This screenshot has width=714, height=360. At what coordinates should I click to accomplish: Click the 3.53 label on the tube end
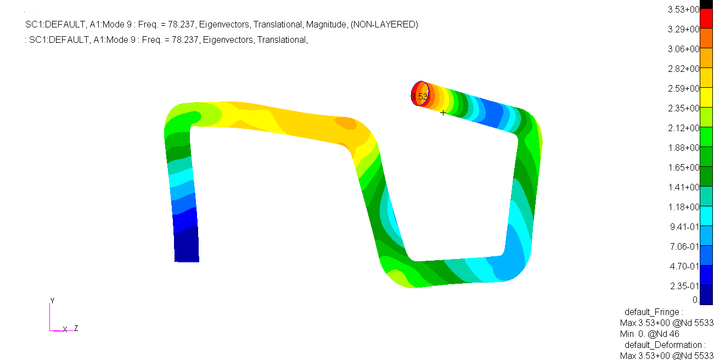(x=419, y=96)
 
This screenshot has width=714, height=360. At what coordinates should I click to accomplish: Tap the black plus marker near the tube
(x=443, y=113)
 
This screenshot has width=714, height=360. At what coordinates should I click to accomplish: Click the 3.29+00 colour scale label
(x=683, y=29)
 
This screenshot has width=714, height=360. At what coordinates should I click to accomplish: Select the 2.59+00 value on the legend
(x=683, y=88)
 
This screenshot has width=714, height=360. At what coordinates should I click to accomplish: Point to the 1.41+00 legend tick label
(x=683, y=187)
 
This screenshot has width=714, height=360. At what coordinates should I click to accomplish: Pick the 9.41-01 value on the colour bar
(x=684, y=227)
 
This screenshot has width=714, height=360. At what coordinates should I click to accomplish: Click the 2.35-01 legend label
(x=684, y=286)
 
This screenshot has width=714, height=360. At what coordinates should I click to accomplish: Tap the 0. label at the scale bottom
(x=695, y=300)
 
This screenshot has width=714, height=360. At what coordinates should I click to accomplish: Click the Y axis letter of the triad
(x=53, y=301)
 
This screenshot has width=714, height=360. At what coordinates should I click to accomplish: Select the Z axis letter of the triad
(x=76, y=328)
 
